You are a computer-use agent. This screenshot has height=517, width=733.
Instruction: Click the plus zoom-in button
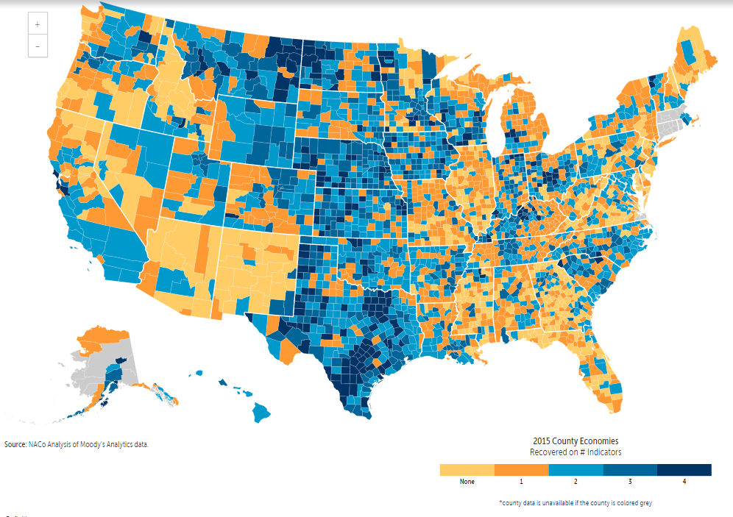tap(37, 24)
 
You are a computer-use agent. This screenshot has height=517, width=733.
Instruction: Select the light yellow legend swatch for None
tap(467, 470)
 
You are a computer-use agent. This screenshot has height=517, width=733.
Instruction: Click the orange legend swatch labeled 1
tap(521, 470)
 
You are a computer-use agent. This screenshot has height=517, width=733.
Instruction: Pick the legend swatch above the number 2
tap(576, 470)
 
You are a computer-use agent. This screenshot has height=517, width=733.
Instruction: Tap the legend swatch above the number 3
tap(630, 470)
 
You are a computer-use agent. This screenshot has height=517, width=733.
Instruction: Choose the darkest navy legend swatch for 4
tap(684, 470)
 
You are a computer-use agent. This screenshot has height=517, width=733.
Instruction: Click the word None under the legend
tap(467, 482)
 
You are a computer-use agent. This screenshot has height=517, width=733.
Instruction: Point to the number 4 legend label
tap(684, 482)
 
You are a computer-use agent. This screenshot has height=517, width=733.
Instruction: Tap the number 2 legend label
tap(576, 482)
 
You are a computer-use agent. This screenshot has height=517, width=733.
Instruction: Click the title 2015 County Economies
tap(576, 441)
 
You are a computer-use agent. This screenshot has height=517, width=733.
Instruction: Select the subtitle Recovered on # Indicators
tap(576, 452)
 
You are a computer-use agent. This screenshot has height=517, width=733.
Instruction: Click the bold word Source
tap(15, 445)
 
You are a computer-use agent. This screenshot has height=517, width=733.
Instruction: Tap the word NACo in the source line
tap(38, 445)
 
